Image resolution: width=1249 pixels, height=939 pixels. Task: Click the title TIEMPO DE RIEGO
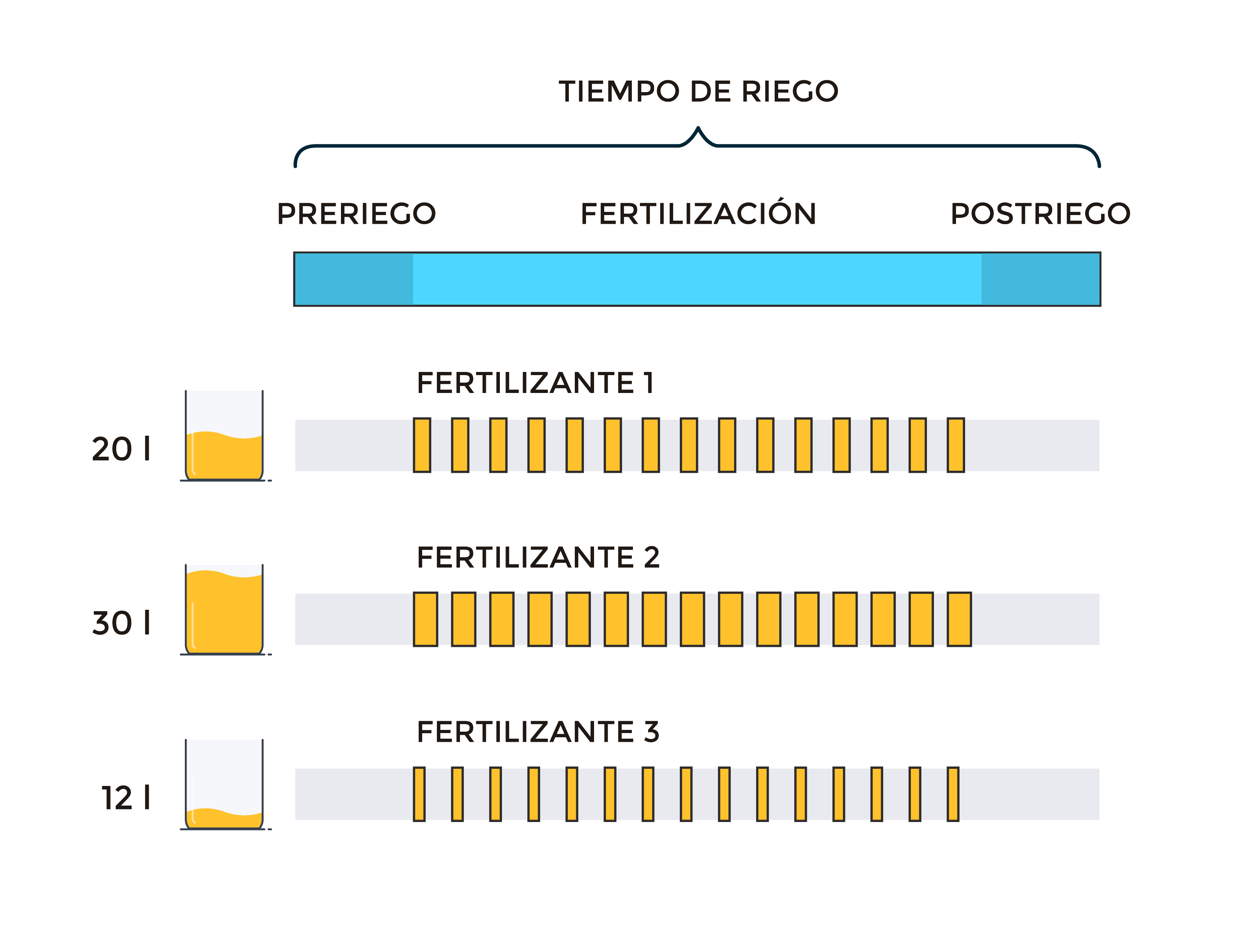pyautogui.click(x=698, y=91)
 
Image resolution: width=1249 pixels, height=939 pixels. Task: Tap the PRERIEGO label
pyautogui.click(x=356, y=214)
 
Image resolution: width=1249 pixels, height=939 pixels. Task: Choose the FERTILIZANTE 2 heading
pyautogui.click(x=538, y=557)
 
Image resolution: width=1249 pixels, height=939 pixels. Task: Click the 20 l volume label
pyautogui.click(x=121, y=449)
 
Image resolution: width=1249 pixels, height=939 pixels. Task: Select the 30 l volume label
pyautogui.click(x=121, y=623)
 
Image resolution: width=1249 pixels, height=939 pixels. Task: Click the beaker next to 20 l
pyautogui.click(x=225, y=436)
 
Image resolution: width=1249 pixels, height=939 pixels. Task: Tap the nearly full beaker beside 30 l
pyautogui.click(x=225, y=610)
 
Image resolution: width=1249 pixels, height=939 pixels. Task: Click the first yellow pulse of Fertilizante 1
pyautogui.click(x=422, y=445)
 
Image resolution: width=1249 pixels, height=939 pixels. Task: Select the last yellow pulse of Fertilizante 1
pyautogui.click(x=956, y=445)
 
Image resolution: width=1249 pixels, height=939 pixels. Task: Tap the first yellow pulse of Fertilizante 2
pyautogui.click(x=426, y=619)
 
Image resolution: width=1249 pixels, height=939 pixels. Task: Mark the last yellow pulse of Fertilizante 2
pyautogui.click(x=960, y=619)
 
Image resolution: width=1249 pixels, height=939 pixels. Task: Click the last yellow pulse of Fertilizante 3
pyautogui.click(x=953, y=794)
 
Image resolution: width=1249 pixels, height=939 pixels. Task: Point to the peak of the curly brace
pyautogui.click(x=698, y=128)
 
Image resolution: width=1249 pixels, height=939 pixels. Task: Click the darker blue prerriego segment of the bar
pyautogui.click(x=354, y=279)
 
